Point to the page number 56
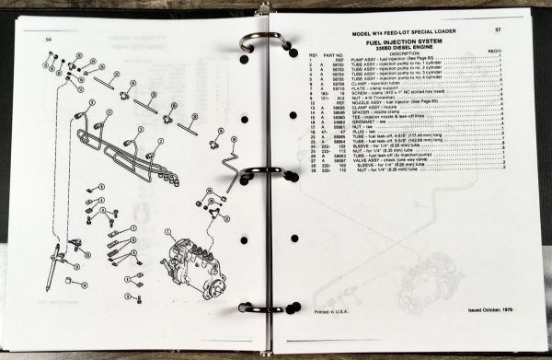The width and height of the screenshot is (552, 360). tap(49, 40)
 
